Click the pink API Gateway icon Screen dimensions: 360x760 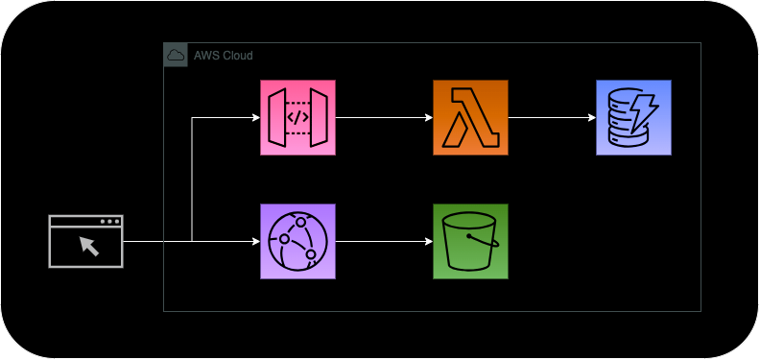(298, 118)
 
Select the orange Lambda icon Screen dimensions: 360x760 (470, 118)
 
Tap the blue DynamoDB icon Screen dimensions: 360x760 (633, 118)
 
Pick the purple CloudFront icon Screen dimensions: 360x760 (298, 241)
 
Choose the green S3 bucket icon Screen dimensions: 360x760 (470, 241)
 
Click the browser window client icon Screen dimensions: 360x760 (86, 241)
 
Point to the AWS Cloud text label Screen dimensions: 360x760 (224, 56)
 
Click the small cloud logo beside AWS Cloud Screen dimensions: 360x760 (176, 56)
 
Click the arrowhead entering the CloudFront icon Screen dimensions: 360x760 (255, 241)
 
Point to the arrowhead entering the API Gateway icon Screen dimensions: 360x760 (255, 118)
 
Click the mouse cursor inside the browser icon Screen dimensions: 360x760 (89, 246)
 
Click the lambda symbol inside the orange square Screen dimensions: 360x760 (470, 119)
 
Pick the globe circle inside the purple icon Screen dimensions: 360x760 (298, 241)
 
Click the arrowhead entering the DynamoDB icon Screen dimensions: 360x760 (590, 118)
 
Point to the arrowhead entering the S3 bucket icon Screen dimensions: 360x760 (427, 241)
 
